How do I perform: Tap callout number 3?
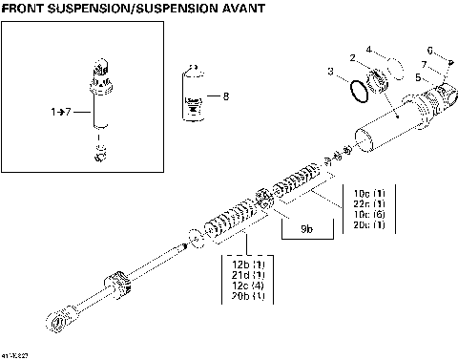(331, 73)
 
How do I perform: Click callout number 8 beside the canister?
(225, 96)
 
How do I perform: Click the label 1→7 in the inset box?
(59, 112)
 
